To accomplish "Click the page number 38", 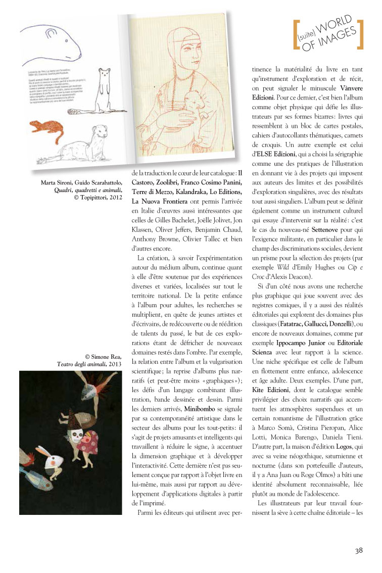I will click(358, 550).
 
